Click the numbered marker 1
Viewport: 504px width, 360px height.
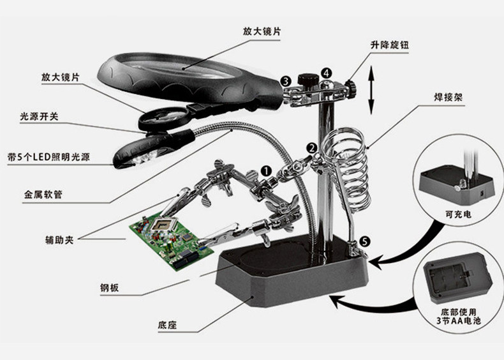[266, 171]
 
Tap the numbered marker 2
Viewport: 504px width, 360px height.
[311, 148]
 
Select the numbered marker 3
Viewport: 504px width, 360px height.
[286, 82]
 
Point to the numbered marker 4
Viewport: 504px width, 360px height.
[326, 73]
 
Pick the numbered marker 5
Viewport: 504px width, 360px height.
[364, 241]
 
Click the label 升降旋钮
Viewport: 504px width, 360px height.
[390, 45]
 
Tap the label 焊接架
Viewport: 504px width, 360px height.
[448, 97]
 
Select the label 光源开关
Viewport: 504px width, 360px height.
[39, 116]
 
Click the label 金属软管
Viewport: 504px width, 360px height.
[43, 194]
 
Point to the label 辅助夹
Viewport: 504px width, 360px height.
[59, 239]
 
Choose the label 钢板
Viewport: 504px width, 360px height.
[110, 287]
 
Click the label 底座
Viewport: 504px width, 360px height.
[167, 325]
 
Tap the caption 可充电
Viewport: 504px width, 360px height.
[458, 214]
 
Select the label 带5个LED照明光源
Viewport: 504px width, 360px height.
[48, 157]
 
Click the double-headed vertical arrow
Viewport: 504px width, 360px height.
[371, 90]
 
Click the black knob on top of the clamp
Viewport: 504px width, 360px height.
[308, 79]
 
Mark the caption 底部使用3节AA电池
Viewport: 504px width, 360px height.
[458, 316]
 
